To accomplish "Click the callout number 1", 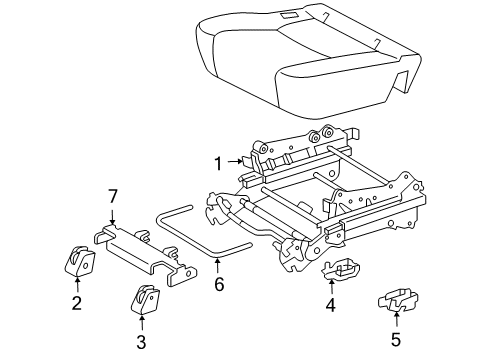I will [x=217, y=160].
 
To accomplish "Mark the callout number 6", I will [x=218, y=285].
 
